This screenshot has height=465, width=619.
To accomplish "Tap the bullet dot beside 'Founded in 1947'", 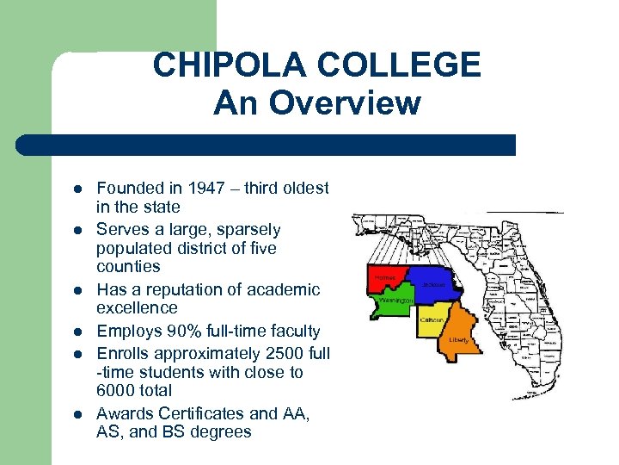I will pyautogui.click(x=77, y=189).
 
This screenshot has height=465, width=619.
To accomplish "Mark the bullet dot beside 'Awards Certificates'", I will pyautogui.click(x=77, y=415).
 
